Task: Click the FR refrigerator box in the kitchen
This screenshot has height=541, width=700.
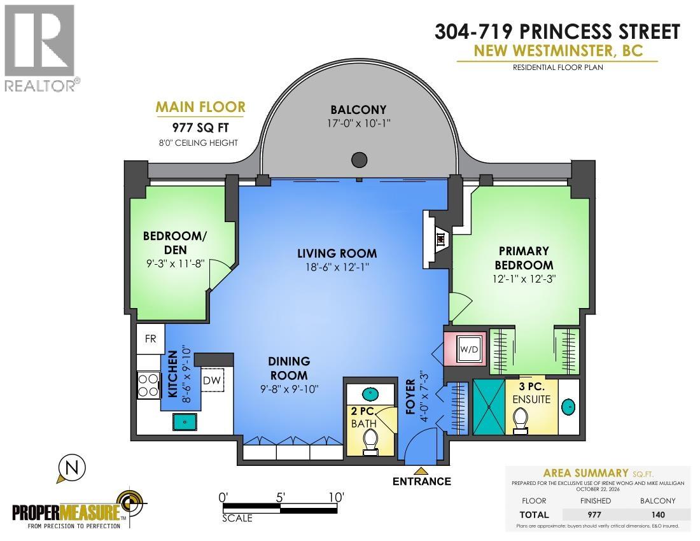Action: pyautogui.click(x=150, y=339)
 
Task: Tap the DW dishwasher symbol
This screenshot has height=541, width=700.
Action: pyautogui.click(x=212, y=381)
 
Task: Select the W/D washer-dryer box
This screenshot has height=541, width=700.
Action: pyautogui.click(x=469, y=349)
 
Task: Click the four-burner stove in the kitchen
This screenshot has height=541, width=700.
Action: pyautogui.click(x=149, y=385)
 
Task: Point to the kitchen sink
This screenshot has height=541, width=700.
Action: pyautogui.click(x=185, y=421)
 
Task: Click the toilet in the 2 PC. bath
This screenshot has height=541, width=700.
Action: pyautogui.click(x=370, y=442)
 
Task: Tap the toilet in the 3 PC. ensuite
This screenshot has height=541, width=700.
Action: pyautogui.click(x=521, y=421)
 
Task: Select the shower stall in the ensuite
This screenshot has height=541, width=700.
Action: pyautogui.click(x=489, y=407)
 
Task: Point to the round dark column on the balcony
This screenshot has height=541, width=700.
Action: pyautogui.click(x=360, y=159)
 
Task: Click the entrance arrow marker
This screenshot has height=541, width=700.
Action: pyautogui.click(x=421, y=470)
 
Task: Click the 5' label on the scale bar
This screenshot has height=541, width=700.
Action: pyautogui.click(x=280, y=497)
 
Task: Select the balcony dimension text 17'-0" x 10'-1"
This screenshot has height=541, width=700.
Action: pyautogui.click(x=359, y=123)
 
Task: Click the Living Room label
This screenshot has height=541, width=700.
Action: pyautogui.click(x=337, y=253)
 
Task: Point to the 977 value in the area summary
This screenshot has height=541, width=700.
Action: pyautogui.click(x=594, y=515)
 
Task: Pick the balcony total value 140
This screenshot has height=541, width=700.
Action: pyautogui.click(x=658, y=515)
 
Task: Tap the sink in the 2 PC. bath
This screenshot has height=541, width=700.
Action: pyautogui.click(x=370, y=395)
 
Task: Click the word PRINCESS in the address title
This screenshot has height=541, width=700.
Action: pyautogui.click(x=563, y=32)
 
